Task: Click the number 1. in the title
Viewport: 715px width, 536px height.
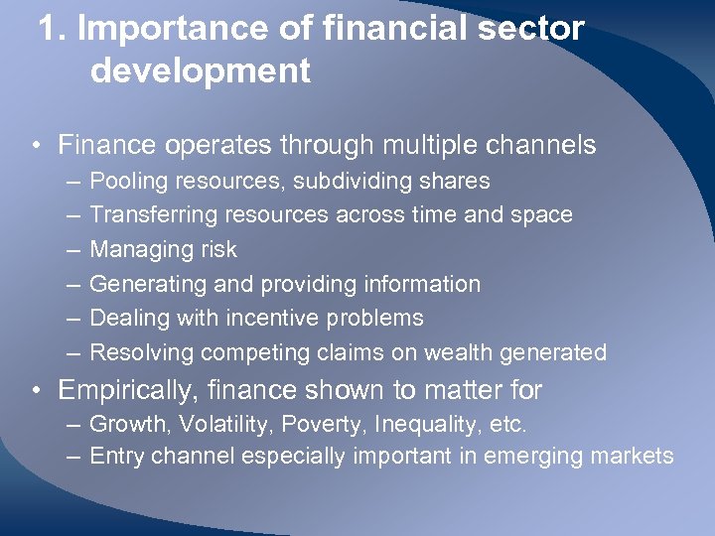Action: tap(53, 29)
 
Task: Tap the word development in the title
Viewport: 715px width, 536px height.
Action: tap(200, 71)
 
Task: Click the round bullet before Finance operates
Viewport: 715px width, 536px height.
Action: tap(35, 146)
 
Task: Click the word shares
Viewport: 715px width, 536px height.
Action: tap(456, 181)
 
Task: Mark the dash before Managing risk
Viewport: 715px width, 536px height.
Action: tap(75, 249)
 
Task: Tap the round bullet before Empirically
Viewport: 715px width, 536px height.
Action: tap(35, 390)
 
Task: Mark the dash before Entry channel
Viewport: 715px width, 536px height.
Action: tap(75, 457)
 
